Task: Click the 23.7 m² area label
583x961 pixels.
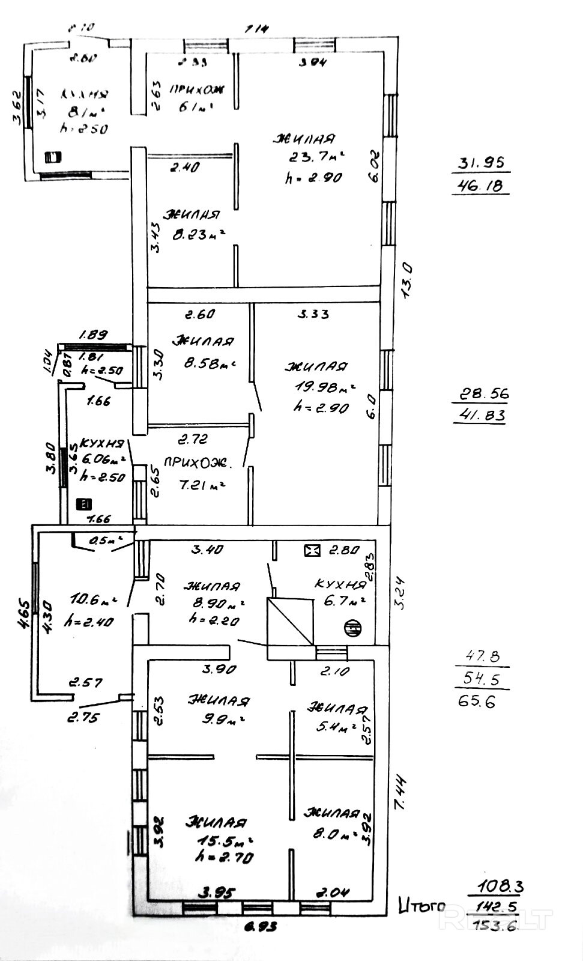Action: (x=315, y=157)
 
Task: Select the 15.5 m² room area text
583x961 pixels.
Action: (x=222, y=840)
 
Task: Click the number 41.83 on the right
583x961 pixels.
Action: (x=480, y=416)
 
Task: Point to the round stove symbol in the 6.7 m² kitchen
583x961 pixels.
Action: (x=352, y=628)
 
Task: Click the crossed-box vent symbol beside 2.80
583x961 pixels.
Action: (x=312, y=550)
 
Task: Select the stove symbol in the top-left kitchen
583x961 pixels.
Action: (x=53, y=157)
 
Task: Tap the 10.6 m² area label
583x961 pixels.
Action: (x=93, y=599)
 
